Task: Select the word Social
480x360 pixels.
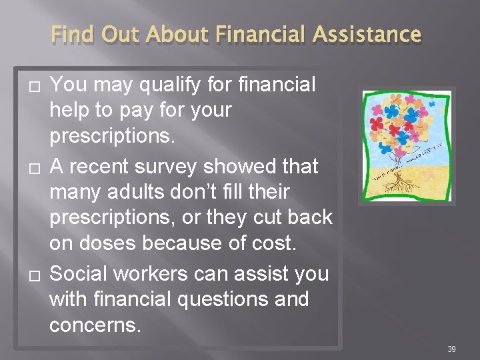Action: click(x=82, y=273)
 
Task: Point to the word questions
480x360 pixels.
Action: click(x=208, y=299)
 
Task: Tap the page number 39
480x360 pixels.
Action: click(x=451, y=349)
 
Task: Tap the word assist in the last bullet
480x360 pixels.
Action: click(x=263, y=273)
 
